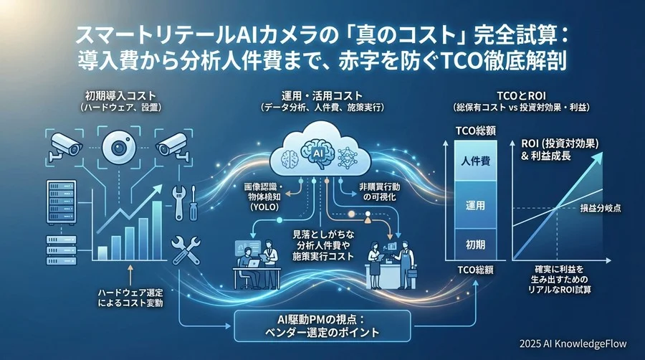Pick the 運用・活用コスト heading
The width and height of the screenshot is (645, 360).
(322, 95)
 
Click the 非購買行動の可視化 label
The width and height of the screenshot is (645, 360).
(380, 191)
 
